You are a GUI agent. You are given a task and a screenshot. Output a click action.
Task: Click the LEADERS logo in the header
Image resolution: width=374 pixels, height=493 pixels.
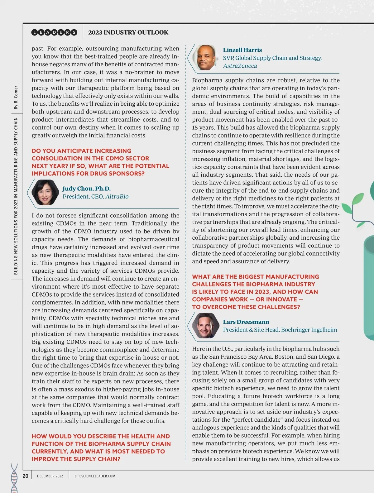pyautogui.click(x=54, y=32)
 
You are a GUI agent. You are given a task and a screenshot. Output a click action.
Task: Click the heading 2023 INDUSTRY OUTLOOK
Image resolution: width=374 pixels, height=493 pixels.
pyautogui.click(x=128, y=32)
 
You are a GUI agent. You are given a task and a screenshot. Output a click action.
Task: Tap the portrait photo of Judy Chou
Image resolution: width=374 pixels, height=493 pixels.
pyautogui.click(x=45, y=192)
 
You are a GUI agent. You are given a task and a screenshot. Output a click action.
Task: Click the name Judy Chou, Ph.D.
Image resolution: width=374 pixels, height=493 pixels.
pyautogui.click(x=86, y=189)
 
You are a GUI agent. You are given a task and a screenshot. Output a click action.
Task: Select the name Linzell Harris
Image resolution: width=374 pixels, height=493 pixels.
pyautogui.click(x=242, y=50)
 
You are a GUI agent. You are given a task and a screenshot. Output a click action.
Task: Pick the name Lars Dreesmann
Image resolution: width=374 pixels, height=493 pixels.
pyautogui.click(x=246, y=322)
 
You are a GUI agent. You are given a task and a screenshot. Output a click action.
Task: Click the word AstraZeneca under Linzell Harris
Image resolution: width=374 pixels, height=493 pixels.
pyautogui.click(x=240, y=66)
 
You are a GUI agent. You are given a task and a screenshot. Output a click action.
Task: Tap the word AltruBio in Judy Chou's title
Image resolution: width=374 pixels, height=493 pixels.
pyautogui.click(x=117, y=197)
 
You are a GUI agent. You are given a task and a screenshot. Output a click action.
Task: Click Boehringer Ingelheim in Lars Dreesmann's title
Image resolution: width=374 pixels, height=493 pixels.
pyautogui.click(x=309, y=330)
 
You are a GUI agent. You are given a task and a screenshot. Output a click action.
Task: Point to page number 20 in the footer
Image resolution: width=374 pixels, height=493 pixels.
pyautogui.click(x=26, y=476)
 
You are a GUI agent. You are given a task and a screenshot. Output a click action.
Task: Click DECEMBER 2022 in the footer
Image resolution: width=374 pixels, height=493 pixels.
pyautogui.click(x=50, y=476)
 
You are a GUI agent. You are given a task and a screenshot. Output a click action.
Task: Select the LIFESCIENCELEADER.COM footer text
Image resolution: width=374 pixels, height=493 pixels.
pyautogui.click(x=95, y=476)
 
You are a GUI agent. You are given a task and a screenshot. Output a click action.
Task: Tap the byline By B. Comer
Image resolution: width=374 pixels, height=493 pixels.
pyautogui.click(x=16, y=98)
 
